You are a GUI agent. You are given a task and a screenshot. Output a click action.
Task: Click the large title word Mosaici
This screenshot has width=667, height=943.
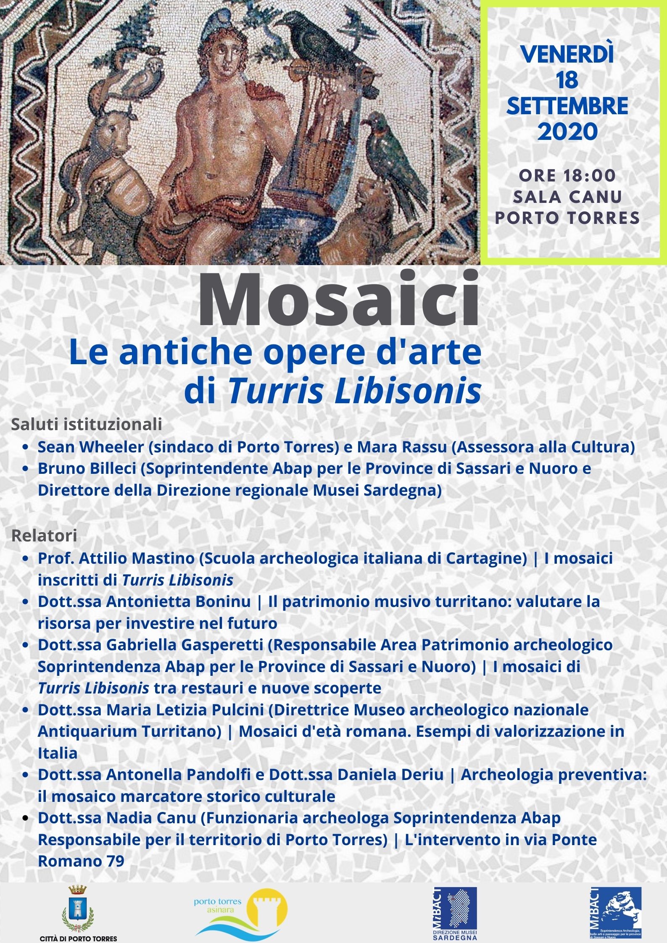click(x=338, y=300)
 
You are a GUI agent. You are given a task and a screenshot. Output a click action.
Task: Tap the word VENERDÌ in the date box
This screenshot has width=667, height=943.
click(x=567, y=55)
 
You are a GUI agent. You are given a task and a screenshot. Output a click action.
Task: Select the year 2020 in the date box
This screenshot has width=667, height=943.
click(x=567, y=131)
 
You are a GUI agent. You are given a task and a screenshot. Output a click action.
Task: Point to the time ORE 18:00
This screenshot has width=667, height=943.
click(x=567, y=176)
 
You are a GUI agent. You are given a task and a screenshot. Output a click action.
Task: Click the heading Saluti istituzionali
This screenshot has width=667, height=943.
click(x=87, y=424)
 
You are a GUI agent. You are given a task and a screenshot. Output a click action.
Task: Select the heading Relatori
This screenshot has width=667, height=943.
click(x=44, y=536)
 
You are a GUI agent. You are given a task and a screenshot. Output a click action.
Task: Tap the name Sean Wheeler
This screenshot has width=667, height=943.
click(x=91, y=447)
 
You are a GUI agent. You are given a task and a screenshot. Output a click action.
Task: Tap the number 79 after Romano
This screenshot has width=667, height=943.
click(x=114, y=861)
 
